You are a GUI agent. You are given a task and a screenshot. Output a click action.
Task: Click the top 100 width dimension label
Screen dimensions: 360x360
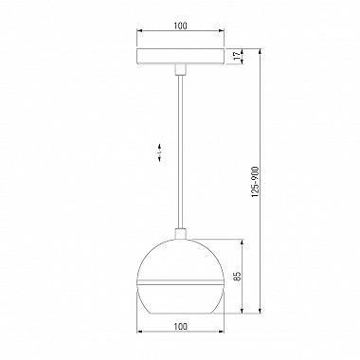click(180, 26)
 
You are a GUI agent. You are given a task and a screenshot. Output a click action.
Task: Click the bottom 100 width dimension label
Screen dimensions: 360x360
click(180, 326)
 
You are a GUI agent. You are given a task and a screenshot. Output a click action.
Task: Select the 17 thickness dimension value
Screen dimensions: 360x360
click(236, 56)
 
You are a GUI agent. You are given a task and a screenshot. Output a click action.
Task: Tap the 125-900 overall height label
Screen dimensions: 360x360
click(256, 183)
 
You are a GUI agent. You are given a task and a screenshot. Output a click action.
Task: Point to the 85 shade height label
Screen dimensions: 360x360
click(238, 276)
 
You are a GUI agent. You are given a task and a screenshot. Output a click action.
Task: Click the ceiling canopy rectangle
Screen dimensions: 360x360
click(180, 56)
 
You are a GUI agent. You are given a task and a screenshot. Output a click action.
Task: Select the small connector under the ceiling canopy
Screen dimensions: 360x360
click(180, 69)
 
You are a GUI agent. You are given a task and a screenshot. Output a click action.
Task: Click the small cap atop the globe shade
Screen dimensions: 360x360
click(180, 234)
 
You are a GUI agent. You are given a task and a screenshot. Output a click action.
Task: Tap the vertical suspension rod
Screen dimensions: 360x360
click(180, 152)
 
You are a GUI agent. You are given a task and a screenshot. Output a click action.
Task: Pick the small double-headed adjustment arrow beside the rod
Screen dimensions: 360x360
click(160, 153)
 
